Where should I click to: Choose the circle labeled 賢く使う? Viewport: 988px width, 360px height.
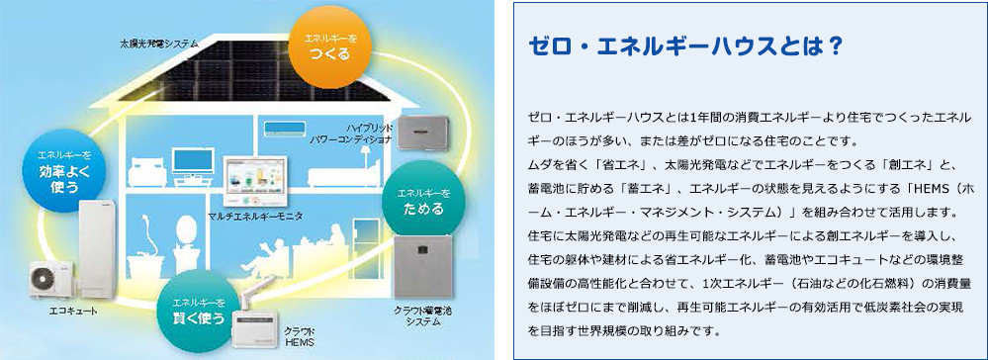click(x=199, y=312)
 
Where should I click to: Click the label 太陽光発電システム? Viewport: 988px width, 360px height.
click(x=159, y=45)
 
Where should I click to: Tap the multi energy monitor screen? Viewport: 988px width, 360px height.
click(x=255, y=180)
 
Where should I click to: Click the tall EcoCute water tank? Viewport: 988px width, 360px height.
click(x=98, y=249)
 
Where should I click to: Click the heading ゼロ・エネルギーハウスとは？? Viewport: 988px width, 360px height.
click(x=685, y=46)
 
